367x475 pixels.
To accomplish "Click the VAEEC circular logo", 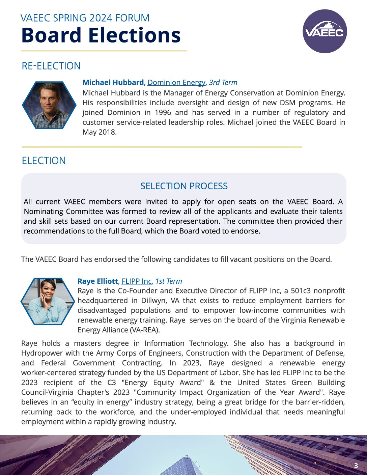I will (x=324, y=31).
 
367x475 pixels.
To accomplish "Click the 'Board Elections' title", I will (x=101, y=35).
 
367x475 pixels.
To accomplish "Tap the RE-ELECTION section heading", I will (x=51, y=66).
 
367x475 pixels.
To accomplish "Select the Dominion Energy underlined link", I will (x=176, y=82).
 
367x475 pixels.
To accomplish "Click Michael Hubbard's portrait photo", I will (x=49, y=105).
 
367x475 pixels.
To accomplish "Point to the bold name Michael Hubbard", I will (x=113, y=82).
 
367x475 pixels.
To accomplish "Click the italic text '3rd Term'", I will (x=223, y=82).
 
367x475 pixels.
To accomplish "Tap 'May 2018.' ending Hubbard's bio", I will (x=100, y=132).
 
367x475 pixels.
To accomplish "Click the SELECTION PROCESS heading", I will (x=184, y=186).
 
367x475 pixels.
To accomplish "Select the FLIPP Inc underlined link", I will (x=137, y=281).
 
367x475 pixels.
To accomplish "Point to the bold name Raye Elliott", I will (x=98, y=281).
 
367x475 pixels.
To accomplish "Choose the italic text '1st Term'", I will (x=168, y=281).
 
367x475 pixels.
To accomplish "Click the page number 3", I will (x=356, y=466).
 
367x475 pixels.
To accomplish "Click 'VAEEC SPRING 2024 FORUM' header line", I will (x=85, y=18).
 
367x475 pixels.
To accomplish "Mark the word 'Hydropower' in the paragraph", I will (x=40, y=353).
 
